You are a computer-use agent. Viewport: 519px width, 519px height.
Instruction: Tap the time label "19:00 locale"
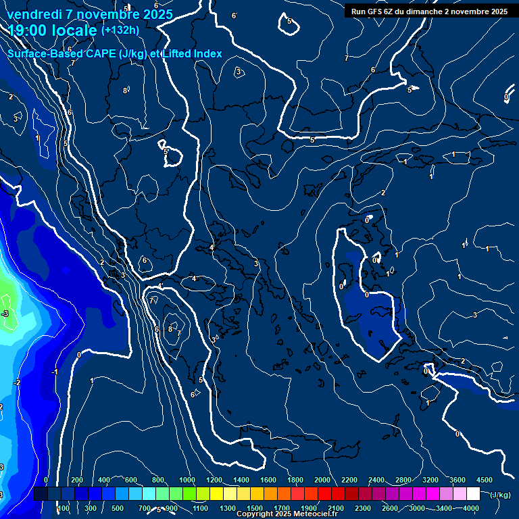coord(52,30)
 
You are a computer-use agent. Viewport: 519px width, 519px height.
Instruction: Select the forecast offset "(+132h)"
coord(120,30)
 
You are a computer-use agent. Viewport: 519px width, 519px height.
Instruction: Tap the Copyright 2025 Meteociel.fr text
coord(287,514)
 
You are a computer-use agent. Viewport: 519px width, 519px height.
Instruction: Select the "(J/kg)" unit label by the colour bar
coord(500,495)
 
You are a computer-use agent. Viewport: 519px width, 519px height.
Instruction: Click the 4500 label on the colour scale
coord(484,480)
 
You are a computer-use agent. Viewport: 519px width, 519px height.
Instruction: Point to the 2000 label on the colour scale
coord(322,480)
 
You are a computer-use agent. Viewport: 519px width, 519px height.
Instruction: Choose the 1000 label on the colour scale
coord(187,480)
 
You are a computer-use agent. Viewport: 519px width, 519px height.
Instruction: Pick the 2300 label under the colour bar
coord(363,508)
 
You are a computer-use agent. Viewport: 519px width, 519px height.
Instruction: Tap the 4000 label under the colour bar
coord(471,508)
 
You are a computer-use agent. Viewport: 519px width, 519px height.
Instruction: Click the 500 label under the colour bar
coord(118,508)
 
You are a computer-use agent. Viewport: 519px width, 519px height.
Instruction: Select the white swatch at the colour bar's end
coord(473,495)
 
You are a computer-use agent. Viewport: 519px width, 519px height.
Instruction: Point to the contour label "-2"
coord(17,382)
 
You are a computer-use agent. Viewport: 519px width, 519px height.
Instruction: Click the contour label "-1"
coord(55,372)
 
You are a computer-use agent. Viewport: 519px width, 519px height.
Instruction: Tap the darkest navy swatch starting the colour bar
coord(41,495)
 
